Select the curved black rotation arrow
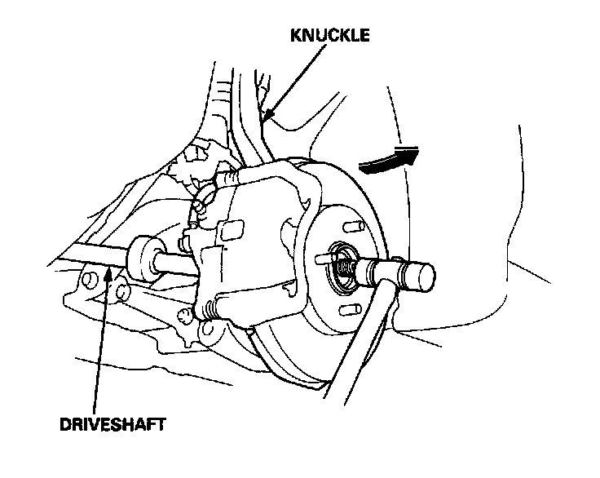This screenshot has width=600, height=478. coord(388,159)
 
